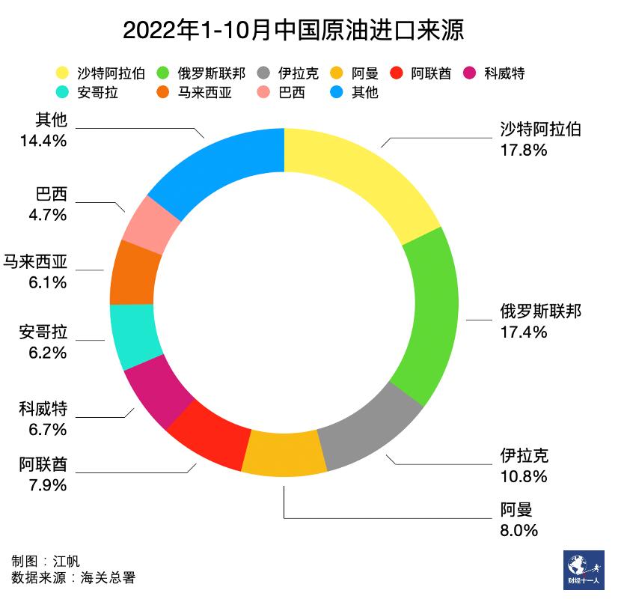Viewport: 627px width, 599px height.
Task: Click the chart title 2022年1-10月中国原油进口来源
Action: coord(293,31)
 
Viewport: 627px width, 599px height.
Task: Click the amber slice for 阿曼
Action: coord(284,454)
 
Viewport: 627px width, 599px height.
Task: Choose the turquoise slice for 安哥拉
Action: coord(132,334)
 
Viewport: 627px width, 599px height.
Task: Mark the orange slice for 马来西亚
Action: coord(135,273)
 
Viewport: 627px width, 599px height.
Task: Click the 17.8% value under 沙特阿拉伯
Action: coord(523,150)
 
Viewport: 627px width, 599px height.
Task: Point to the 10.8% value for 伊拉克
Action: coord(523,476)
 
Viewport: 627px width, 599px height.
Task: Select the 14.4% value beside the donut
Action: coord(43,139)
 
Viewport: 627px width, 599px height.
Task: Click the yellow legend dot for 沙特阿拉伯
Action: coord(63,73)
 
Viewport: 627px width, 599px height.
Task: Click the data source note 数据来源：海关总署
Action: coord(73,577)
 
